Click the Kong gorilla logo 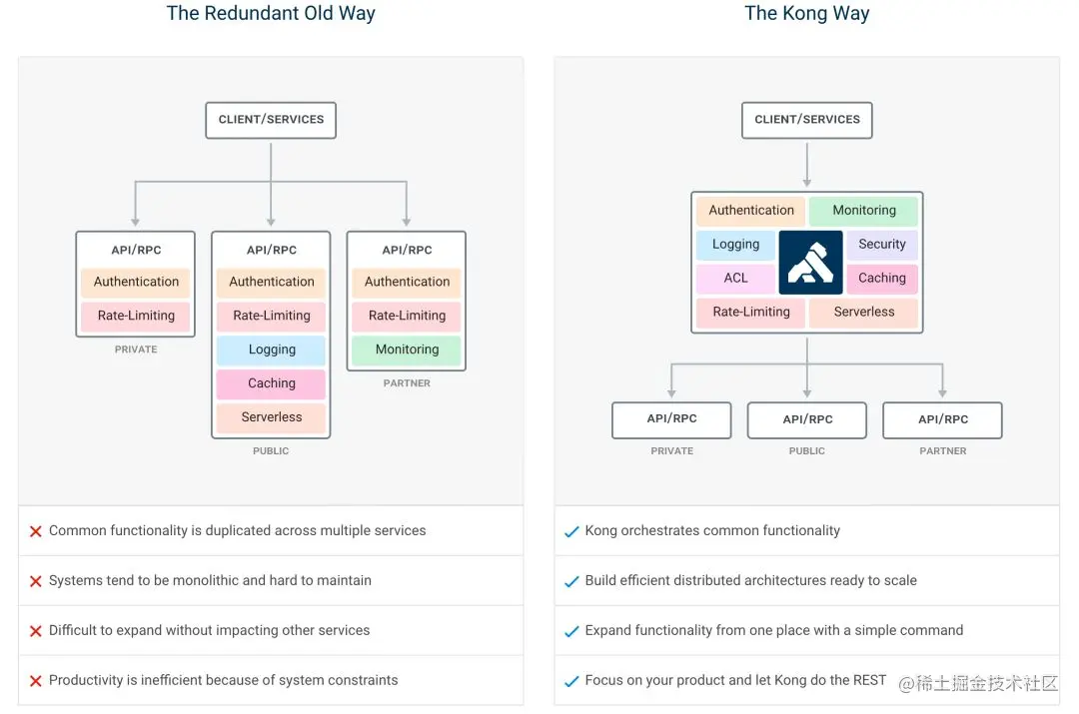(810, 262)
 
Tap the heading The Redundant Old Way (271, 13)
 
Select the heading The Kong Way (806, 13)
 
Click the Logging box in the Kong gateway (735, 245)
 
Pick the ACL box (735, 278)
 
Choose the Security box (881, 245)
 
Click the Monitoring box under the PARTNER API (407, 350)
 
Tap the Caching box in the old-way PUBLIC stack (271, 383)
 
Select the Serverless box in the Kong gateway (863, 312)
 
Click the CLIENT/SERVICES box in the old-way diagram (271, 120)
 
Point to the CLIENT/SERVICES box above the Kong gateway (806, 120)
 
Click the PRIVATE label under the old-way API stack (136, 350)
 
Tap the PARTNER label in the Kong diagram (943, 451)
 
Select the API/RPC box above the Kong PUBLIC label (807, 419)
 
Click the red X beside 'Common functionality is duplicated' (36, 531)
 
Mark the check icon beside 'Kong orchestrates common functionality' (571, 531)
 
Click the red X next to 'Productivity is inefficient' (36, 681)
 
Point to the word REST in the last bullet (869, 680)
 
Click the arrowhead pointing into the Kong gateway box (806, 183)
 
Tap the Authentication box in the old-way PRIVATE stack (136, 282)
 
